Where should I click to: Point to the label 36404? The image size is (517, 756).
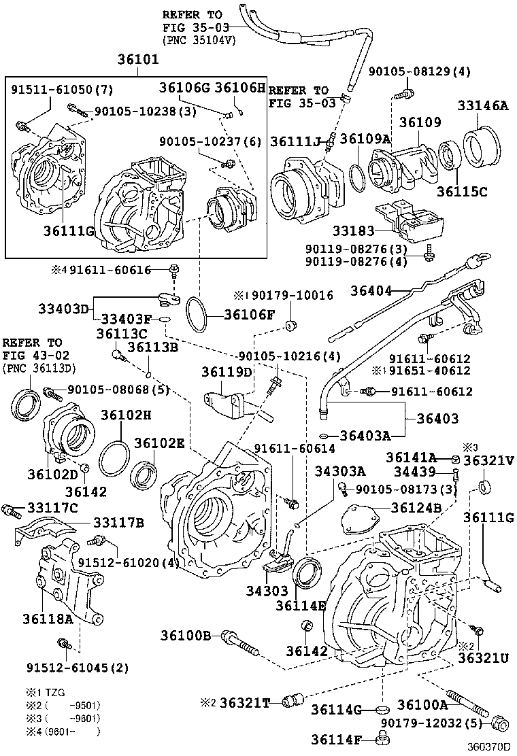coord(371,291)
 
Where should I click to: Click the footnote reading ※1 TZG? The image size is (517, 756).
coord(46,693)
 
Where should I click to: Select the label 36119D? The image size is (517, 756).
coord(227,372)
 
